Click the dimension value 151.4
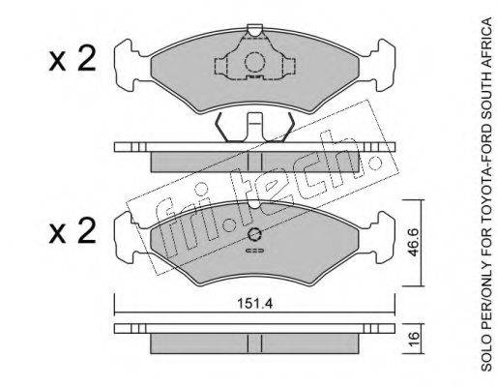[254, 304]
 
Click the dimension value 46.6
[413, 243]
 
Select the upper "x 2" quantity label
[73, 58]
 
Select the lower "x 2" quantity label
[73, 231]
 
